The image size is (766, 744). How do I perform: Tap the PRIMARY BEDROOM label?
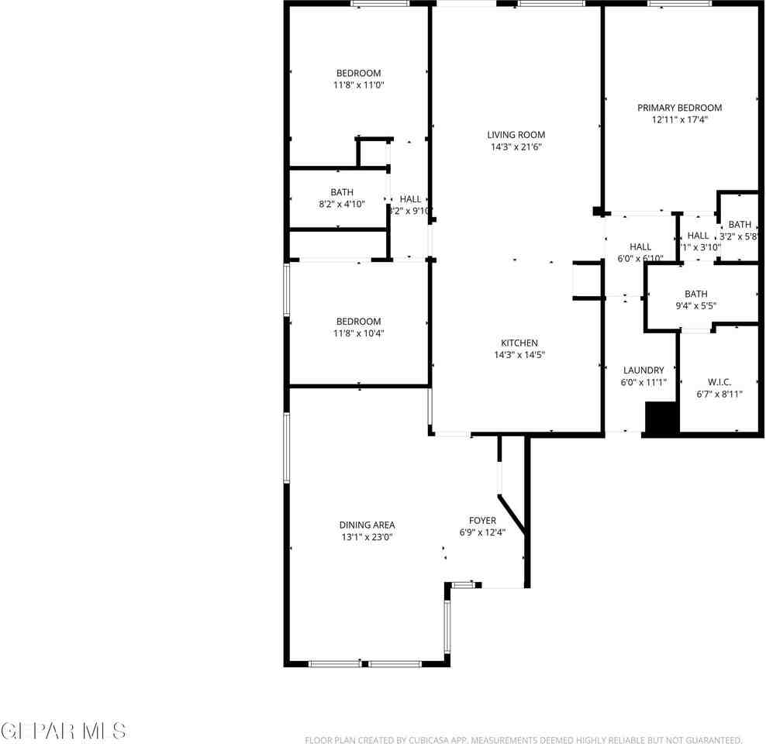click(679, 108)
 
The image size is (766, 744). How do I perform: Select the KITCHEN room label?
click(519, 343)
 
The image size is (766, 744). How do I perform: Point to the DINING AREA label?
click(367, 525)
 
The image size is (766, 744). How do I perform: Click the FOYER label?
click(482, 521)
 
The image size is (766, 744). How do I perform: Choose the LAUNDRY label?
click(644, 370)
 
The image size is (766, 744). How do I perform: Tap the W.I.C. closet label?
click(719, 382)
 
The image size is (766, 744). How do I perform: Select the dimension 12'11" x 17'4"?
click(679, 119)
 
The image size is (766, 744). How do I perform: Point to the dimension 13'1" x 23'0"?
click(367, 536)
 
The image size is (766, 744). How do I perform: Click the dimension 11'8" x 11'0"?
click(358, 85)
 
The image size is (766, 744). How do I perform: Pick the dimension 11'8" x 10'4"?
click(358, 333)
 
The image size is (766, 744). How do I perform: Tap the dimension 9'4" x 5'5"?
click(695, 305)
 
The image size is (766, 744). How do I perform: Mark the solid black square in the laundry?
click(662, 418)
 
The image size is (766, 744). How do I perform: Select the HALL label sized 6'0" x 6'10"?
click(640, 247)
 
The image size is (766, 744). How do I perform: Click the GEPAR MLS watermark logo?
click(64, 730)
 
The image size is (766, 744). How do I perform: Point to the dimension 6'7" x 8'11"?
click(719, 394)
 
